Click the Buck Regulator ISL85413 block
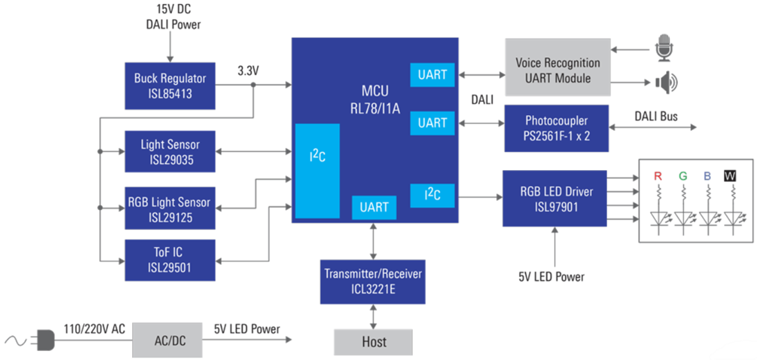(x=170, y=85)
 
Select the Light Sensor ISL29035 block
(x=170, y=152)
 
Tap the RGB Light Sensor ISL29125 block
(x=170, y=209)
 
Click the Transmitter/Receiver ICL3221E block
(x=373, y=282)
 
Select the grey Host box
(x=373, y=341)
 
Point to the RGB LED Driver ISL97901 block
(x=554, y=198)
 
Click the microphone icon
(x=664, y=49)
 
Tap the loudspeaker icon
(x=665, y=84)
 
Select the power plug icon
(x=43, y=339)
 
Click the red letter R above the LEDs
(x=657, y=176)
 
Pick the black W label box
(x=730, y=176)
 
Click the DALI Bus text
(x=655, y=116)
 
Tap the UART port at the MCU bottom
(x=374, y=207)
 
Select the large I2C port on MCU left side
(x=317, y=171)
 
